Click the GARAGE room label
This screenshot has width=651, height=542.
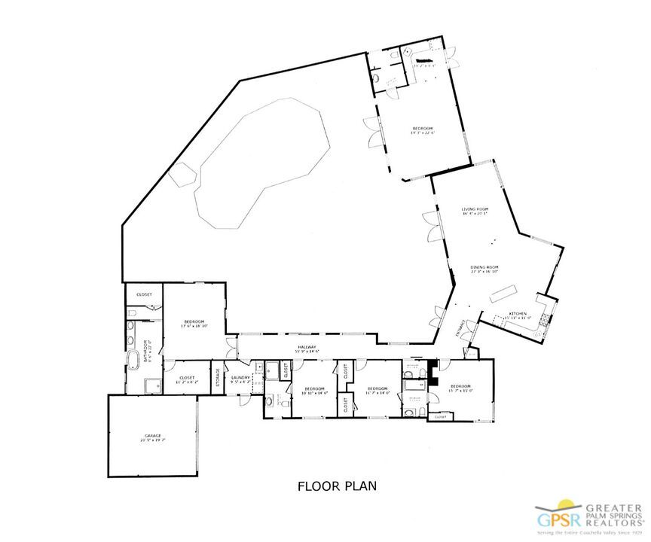[x=153, y=436]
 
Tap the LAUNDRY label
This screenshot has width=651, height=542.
[x=240, y=377]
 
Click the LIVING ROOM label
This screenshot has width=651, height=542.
[x=475, y=209]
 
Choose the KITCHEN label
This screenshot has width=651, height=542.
[x=517, y=313]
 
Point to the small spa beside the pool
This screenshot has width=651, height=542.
[x=185, y=175]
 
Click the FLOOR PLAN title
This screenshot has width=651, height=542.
[x=337, y=486]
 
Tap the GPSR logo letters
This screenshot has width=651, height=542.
[x=553, y=519]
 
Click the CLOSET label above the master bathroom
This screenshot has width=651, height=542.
[x=144, y=294]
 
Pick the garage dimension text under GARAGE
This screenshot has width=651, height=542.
[x=153, y=441]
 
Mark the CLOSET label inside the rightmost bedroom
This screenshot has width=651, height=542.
[x=440, y=416]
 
